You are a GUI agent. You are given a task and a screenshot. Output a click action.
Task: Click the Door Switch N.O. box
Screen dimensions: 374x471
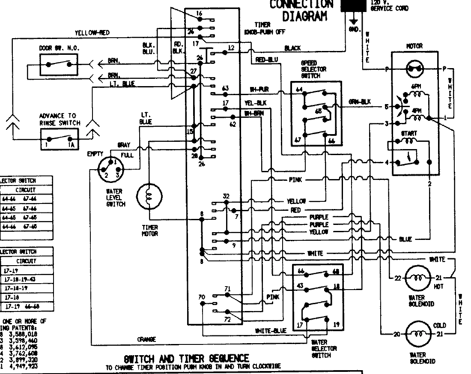[x=59, y=65]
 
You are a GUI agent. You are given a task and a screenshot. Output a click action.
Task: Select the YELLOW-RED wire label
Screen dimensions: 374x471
[x=92, y=32]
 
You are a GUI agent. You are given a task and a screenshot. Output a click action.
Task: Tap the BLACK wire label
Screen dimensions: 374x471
[x=292, y=48]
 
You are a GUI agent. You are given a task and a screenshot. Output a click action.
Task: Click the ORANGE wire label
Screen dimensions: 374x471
[x=146, y=339]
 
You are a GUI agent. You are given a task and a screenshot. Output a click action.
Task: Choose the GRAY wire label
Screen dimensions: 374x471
[x=123, y=145]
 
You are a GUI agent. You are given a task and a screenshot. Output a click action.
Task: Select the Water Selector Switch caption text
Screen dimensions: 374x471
[x=320, y=348]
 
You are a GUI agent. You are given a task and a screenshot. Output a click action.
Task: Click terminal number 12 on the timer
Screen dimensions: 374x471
[x=231, y=48]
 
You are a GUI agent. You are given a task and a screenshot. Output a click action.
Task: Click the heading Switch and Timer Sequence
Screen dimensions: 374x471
[x=186, y=358]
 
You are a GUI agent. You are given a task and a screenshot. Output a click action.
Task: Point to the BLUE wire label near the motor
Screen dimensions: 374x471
[x=405, y=239]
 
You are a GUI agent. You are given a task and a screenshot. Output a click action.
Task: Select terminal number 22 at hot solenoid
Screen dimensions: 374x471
[x=398, y=278]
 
